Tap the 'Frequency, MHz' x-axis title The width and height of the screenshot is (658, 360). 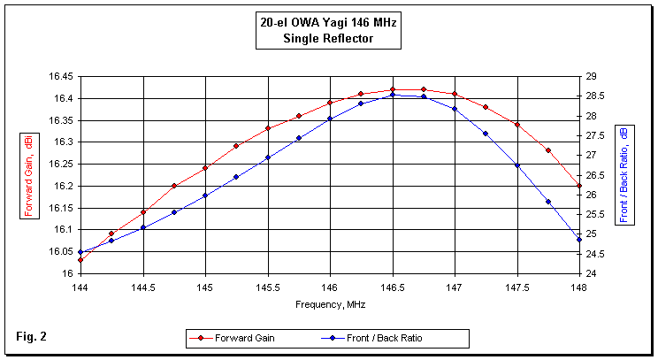pyautogui.click(x=330, y=304)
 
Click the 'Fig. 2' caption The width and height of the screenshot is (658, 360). pyautogui.click(x=31, y=336)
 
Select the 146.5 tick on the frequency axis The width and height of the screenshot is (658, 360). pyautogui.click(x=392, y=287)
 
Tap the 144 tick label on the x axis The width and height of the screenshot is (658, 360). pyautogui.click(x=80, y=287)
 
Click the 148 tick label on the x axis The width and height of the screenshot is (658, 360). pyautogui.click(x=579, y=287)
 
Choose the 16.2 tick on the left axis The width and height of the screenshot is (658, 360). pyautogui.click(x=64, y=186)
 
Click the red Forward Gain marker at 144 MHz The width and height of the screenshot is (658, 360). pyautogui.click(x=80, y=260)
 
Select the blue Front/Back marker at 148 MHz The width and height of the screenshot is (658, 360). pyautogui.click(x=579, y=240)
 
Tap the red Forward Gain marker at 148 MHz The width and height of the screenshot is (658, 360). pyautogui.click(x=579, y=186)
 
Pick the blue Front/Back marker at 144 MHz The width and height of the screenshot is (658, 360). pyautogui.click(x=80, y=252)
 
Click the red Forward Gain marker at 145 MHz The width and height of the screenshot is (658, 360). pyautogui.click(x=205, y=168)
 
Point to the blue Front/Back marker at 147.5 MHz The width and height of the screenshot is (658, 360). pyautogui.click(x=517, y=165)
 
